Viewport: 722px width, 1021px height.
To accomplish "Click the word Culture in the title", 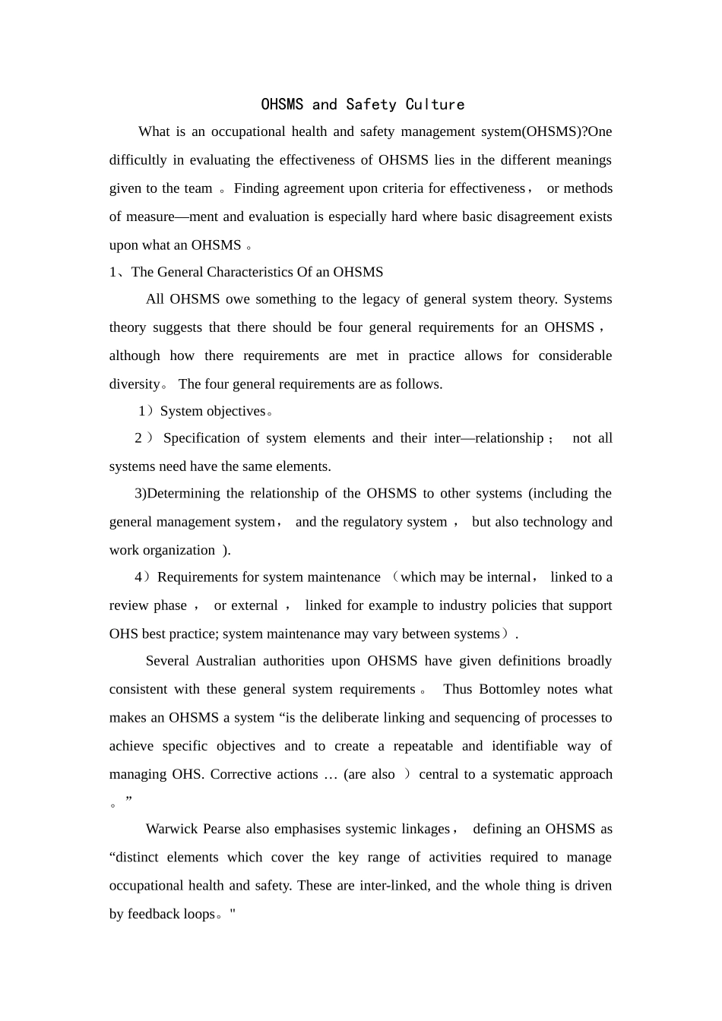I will (435, 104).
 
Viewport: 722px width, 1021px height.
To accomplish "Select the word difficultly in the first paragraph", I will (138, 160).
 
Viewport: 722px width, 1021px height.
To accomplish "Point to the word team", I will (198, 188).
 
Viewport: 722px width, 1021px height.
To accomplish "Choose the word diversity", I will (135, 384).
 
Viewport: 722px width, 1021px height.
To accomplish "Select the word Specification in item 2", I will (200, 438).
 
